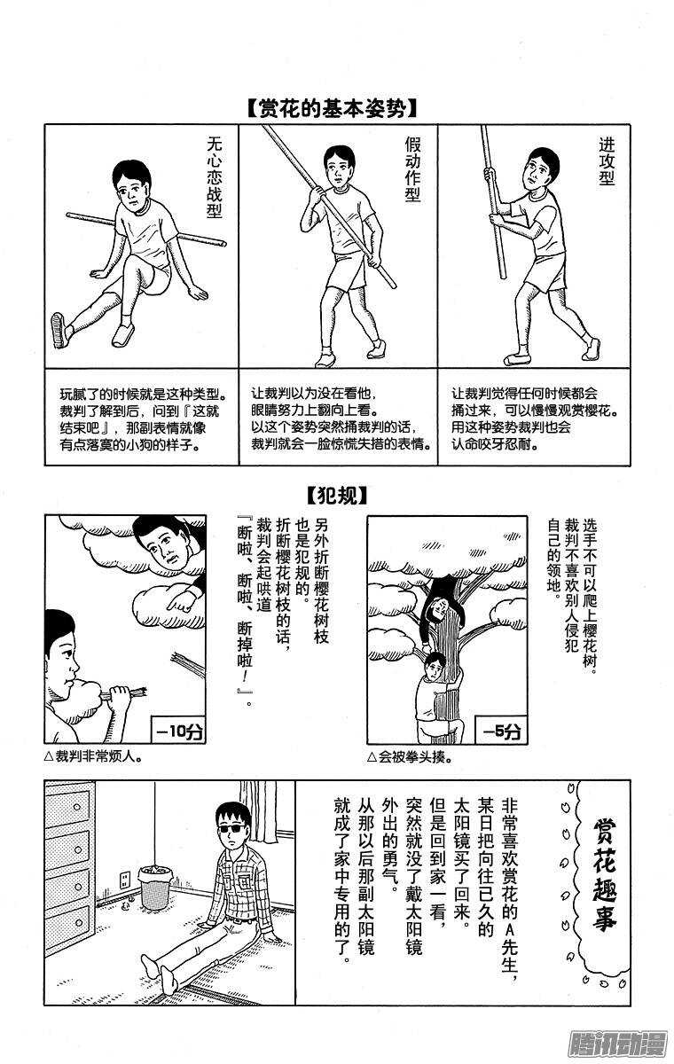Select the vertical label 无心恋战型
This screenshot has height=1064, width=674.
click(x=213, y=176)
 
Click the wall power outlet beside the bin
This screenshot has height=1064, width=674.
click(x=126, y=880)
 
